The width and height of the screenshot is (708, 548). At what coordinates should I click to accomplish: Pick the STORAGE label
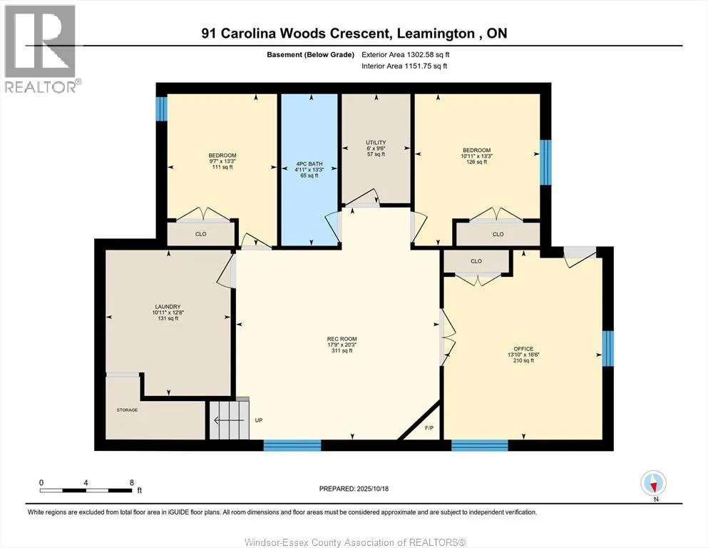[128, 410]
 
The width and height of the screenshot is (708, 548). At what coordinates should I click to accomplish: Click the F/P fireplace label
[429, 428]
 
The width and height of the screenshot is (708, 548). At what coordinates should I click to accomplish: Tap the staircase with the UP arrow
[228, 421]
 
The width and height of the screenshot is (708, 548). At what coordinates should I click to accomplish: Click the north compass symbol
[654, 483]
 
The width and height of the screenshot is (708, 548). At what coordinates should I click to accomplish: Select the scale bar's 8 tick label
[132, 482]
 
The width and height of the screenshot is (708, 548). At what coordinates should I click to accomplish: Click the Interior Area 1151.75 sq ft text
[404, 66]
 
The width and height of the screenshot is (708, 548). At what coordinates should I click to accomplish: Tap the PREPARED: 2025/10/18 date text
[354, 489]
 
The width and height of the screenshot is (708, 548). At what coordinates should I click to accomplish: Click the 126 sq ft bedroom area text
[476, 162]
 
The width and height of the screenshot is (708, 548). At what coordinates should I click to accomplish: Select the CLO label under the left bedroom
[200, 233]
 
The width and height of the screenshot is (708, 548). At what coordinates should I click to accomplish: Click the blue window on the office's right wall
[607, 348]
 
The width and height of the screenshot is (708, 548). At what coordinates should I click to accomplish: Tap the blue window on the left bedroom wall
[161, 108]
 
